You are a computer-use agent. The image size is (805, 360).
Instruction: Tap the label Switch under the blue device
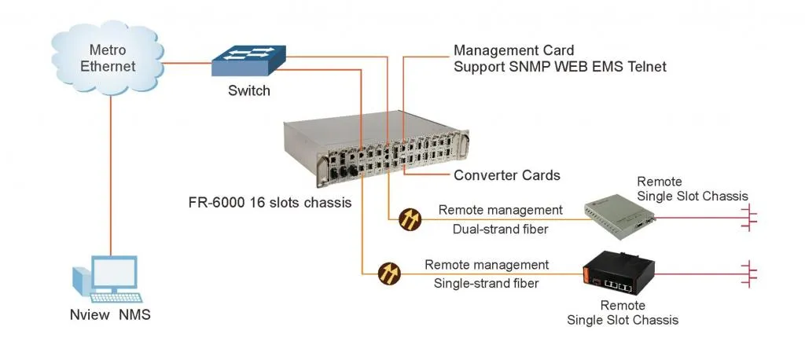pyautogui.click(x=248, y=90)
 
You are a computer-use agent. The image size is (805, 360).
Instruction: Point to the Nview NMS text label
pyautogui.click(x=108, y=317)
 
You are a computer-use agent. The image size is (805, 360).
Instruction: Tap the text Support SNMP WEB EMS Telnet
pyautogui.click(x=560, y=67)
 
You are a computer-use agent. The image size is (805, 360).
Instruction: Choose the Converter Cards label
pyautogui.click(x=506, y=174)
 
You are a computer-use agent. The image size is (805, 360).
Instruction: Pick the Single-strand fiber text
pyautogui.click(x=486, y=283)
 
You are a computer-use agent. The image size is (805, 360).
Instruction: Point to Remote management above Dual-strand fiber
pyautogui.click(x=500, y=210)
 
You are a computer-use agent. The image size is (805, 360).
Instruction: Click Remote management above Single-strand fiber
pyautogui.click(x=487, y=265)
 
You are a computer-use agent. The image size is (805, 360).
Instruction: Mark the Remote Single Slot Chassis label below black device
pyautogui.click(x=623, y=312)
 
